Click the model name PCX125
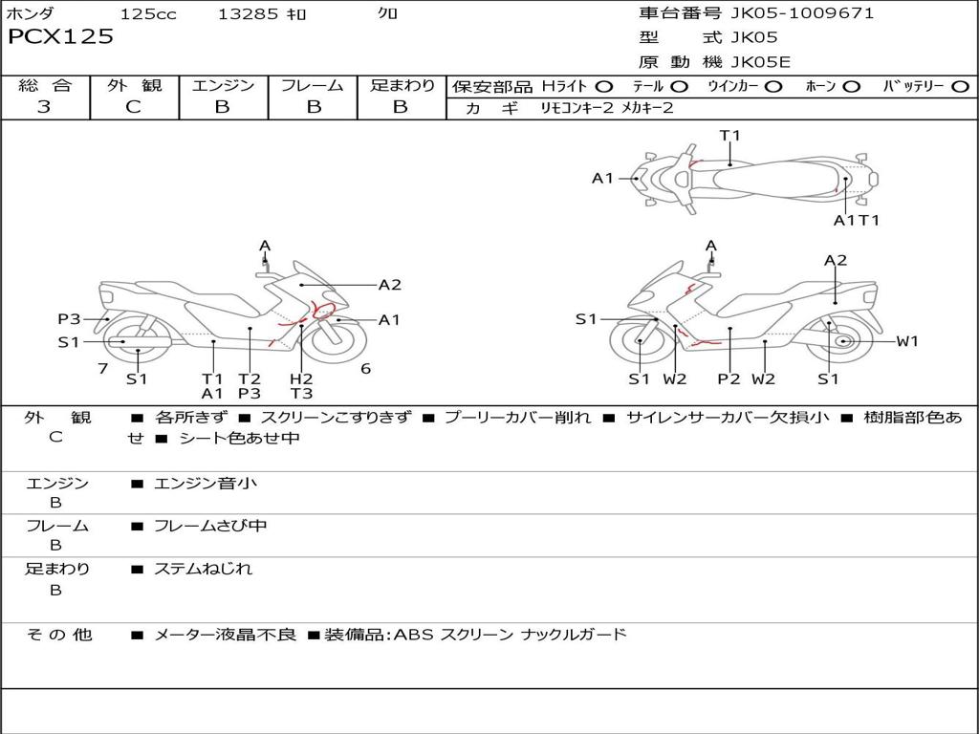click(60, 36)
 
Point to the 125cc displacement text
click(148, 13)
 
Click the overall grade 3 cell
click(44, 107)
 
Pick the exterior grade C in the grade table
click(133, 107)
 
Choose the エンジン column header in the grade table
click(223, 85)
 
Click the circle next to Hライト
click(603, 86)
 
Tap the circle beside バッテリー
click(960, 86)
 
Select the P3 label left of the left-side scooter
click(68, 319)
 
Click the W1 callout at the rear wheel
click(906, 341)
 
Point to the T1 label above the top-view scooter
click(729, 136)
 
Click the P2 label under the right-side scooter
click(729, 379)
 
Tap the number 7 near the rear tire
click(102, 368)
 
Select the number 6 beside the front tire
click(365, 368)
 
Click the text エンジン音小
click(206, 484)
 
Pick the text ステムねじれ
click(203, 569)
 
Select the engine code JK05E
click(761, 62)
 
